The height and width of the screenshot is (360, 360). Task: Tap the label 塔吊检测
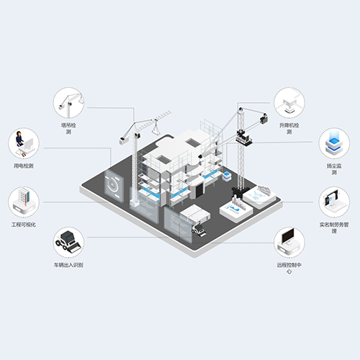click(68, 128)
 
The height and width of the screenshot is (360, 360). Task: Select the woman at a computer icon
click(24, 143)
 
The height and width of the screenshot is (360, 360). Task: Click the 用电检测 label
click(24, 166)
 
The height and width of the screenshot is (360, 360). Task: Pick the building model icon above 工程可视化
click(24, 201)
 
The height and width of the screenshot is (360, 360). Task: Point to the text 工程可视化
click(24, 225)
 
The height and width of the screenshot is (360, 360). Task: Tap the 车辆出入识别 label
click(68, 265)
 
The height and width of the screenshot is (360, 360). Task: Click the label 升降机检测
click(289, 128)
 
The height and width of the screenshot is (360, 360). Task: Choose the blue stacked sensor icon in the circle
click(334, 143)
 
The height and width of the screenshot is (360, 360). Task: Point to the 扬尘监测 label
click(334, 169)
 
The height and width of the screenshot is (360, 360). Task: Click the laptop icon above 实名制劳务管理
click(334, 201)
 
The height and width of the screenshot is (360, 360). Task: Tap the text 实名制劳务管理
click(334, 228)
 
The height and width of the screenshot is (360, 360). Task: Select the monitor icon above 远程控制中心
click(289, 241)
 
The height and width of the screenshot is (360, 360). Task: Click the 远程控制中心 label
click(289, 268)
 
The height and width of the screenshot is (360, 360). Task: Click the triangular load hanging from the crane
click(156, 130)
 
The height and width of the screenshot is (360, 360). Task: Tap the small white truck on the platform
click(199, 230)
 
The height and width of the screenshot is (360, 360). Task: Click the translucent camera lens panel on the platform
click(114, 186)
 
